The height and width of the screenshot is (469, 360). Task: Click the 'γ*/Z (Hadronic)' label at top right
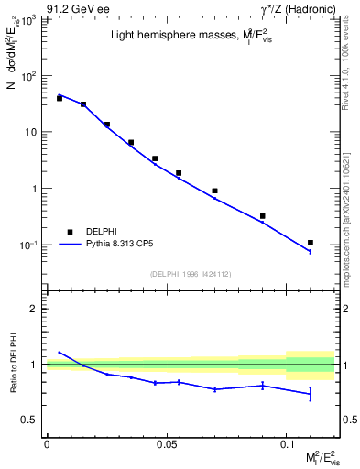tap(300, 9)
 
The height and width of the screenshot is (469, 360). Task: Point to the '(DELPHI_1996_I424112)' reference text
tap(191, 273)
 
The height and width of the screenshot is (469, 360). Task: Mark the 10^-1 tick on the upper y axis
tap(29, 245)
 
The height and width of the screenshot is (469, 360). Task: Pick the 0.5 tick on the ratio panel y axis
tap(31, 420)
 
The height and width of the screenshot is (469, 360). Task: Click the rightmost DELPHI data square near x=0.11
tap(311, 243)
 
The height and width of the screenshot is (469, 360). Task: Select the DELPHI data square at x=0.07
tap(214, 191)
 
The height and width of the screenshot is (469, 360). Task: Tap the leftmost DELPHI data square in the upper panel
tap(60, 98)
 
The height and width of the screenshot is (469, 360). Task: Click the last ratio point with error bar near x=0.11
tap(311, 394)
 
